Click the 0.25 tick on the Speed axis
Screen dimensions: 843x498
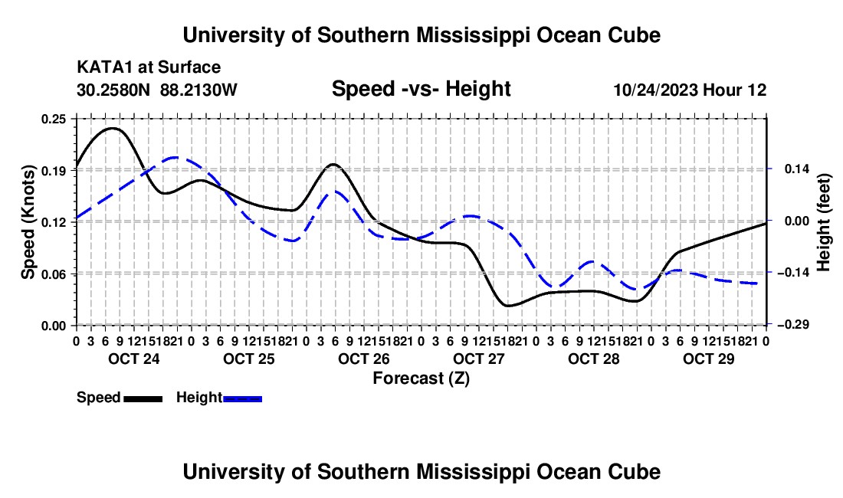[x=54, y=119]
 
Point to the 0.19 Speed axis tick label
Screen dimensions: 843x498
[x=54, y=171]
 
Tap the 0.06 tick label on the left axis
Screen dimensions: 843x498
[x=54, y=274]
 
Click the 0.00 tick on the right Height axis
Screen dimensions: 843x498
[x=797, y=221]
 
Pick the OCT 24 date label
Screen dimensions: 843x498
[x=134, y=359]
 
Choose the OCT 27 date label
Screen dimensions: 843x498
[x=478, y=359]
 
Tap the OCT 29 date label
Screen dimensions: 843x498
[x=709, y=359]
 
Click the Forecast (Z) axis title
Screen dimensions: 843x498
[x=421, y=378]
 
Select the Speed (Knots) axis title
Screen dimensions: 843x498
[x=28, y=222]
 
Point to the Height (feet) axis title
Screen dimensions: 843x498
[x=823, y=222]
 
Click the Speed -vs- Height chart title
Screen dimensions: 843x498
[x=421, y=89]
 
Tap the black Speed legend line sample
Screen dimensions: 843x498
[x=143, y=398]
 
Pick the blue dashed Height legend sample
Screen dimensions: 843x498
[x=242, y=398]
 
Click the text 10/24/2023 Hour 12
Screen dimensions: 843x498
[x=690, y=90]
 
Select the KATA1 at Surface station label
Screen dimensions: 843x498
[x=149, y=67]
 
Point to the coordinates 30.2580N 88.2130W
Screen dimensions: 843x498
[x=157, y=90]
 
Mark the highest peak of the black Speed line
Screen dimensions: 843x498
[x=113, y=129]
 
